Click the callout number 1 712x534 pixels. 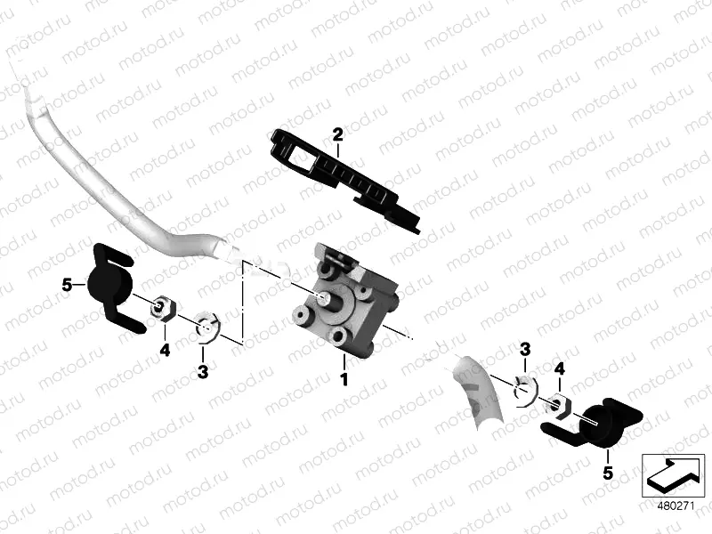[x=344, y=379]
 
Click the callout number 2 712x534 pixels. [x=338, y=134]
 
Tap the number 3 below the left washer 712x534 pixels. [x=203, y=372]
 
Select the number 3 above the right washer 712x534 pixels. [x=525, y=350]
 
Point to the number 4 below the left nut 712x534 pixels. [x=165, y=350]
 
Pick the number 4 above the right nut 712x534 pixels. [x=560, y=368]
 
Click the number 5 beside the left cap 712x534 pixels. [x=68, y=286]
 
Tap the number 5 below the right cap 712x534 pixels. [x=608, y=473]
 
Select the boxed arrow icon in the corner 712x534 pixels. [x=673, y=475]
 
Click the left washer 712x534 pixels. [x=208, y=325]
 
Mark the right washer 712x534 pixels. [x=526, y=389]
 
